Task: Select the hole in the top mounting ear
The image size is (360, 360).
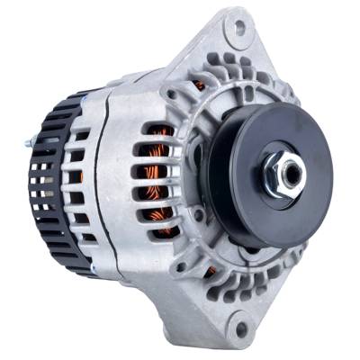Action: click(x=240, y=29)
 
